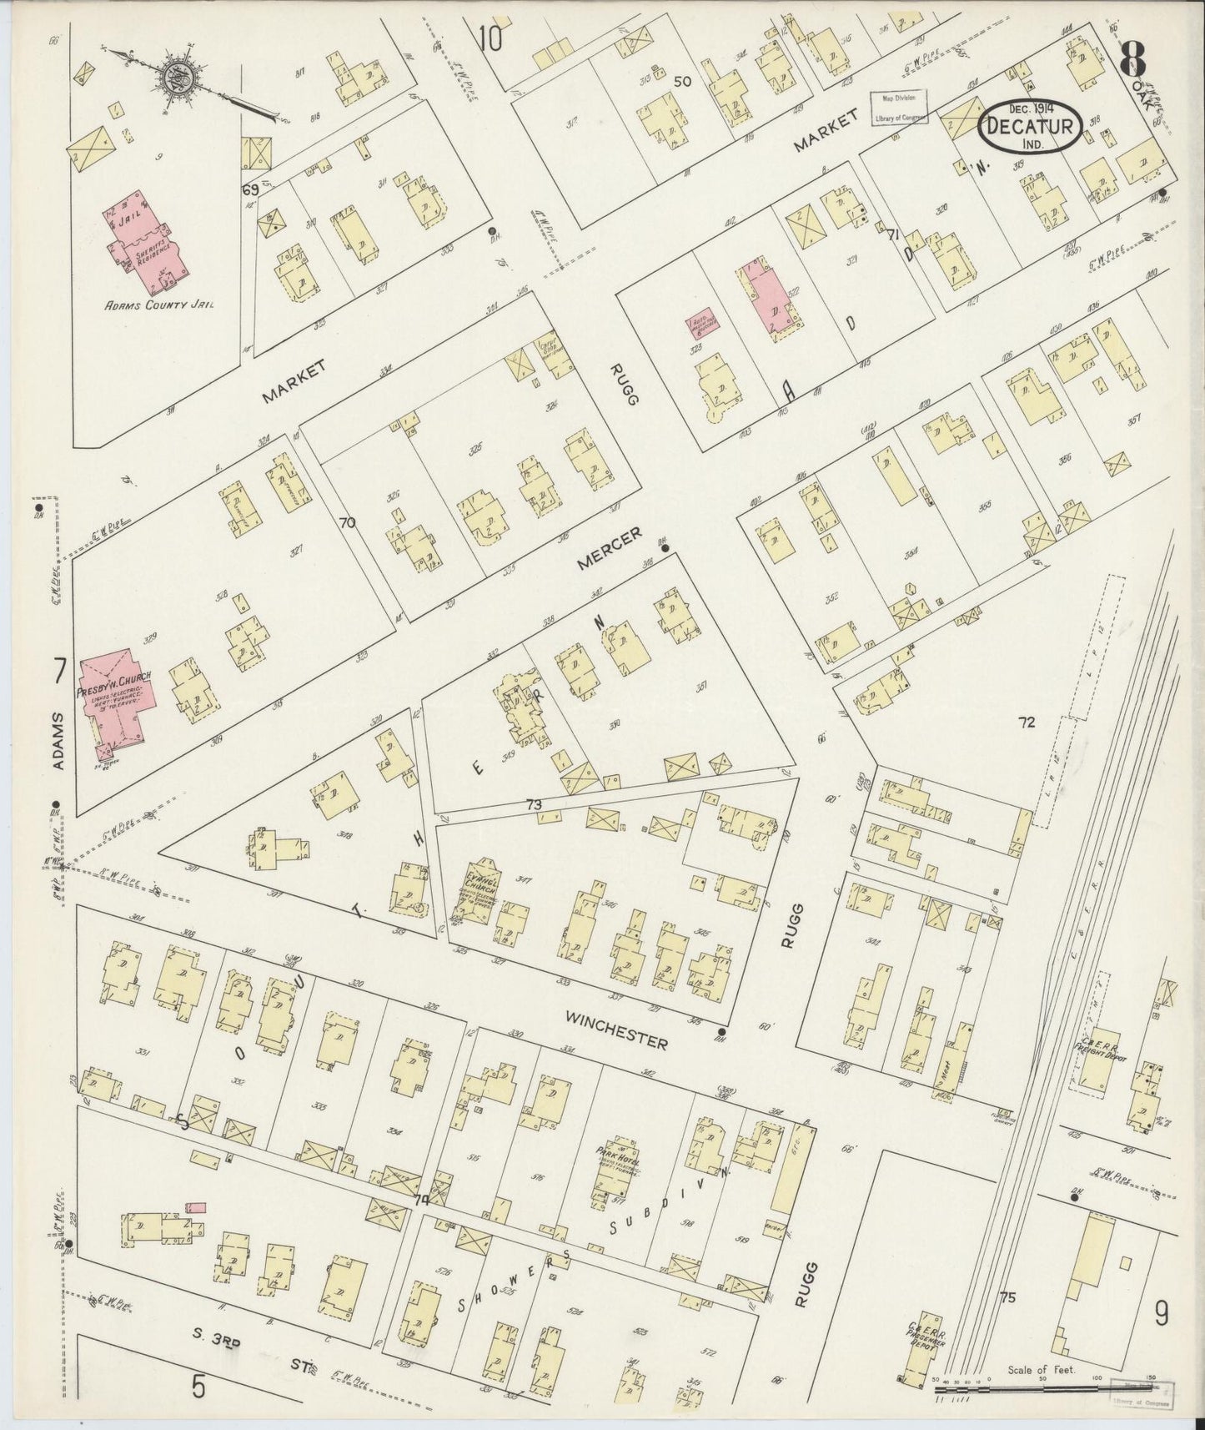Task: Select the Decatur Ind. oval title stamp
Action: (1032, 128)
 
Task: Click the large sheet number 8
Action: (1133, 58)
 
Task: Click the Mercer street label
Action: (612, 551)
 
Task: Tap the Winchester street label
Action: (615, 1030)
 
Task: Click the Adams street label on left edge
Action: (57, 742)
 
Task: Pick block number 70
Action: (347, 523)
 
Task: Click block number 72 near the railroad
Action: (1026, 723)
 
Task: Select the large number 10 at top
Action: (490, 17)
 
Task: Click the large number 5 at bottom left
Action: (198, 1386)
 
